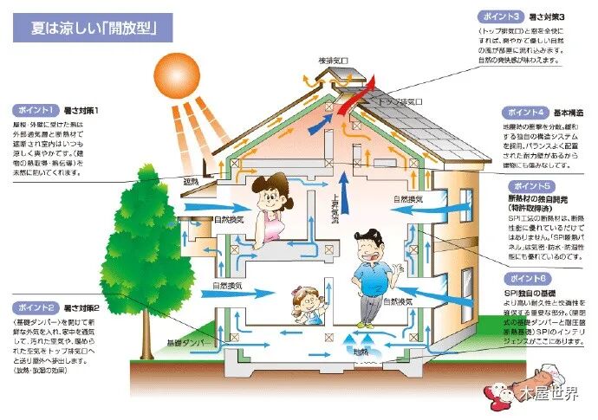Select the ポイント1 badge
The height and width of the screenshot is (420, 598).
click(x=36, y=110)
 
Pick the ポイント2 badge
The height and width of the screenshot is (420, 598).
click(x=36, y=307)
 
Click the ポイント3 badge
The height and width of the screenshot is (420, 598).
click(x=502, y=16)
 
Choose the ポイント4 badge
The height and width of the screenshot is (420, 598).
click(x=526, y=113)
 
